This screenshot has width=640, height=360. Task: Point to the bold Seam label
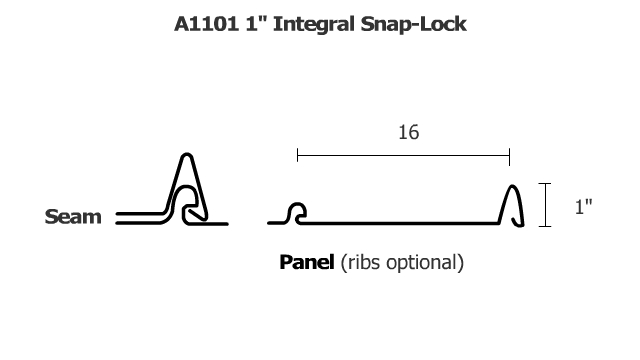click(x=73, y=216)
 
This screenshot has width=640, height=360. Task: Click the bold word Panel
click(x=307, y=263)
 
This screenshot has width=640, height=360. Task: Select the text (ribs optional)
click(x=402, y=264)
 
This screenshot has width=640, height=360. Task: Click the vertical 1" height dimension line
click(x=546, y=206)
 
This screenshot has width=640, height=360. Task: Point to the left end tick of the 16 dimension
click(x=297, y=156)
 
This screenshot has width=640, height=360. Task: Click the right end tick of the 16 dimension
click(x=510, y=156)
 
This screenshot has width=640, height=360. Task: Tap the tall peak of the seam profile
click(x=185, y=160)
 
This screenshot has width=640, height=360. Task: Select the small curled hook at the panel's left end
click(x=296, y=212)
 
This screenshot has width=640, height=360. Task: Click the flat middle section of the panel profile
click(x=400, y=221)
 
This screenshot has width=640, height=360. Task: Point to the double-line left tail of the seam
click(x=135, y=216)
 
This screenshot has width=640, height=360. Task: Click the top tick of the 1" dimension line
click(x=546, y=185)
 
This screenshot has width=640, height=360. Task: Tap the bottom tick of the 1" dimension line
click(x=546, y=227)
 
